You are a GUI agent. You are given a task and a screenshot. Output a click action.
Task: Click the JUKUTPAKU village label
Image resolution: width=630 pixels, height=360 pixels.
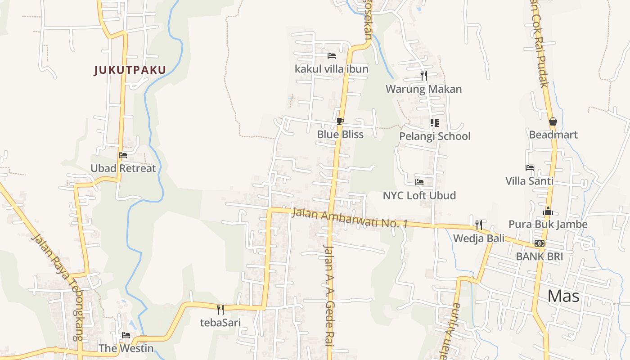[130, 70]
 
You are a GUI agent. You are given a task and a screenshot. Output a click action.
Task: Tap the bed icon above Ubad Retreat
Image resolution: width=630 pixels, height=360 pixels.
[123, 155]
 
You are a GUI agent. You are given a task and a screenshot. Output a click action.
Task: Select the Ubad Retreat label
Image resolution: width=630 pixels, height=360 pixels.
[123, 168]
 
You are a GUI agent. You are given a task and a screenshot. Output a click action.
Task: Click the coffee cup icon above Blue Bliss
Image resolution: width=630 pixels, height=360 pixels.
[340, 121]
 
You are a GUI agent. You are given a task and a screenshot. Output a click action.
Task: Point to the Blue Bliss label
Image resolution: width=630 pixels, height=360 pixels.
[340, 134]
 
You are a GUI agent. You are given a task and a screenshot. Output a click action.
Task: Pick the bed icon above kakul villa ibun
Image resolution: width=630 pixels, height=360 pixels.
[332, 56]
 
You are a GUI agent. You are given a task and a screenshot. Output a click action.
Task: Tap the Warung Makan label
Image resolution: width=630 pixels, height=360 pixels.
[423, 89]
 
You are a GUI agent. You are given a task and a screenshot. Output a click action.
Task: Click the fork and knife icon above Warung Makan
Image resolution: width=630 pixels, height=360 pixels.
[423, 75]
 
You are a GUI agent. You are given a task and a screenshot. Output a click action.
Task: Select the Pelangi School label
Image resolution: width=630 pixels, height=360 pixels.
[435, 136]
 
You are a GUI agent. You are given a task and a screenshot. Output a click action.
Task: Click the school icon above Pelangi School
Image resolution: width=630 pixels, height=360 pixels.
[435, 122]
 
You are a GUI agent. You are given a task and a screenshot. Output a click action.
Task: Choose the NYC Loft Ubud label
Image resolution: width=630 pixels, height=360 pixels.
[419, 195]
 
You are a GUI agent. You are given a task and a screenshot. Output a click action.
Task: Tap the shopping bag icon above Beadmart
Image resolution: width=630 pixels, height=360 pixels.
[553, 121]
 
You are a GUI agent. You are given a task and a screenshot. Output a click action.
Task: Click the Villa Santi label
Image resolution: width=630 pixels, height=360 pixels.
[530, 181]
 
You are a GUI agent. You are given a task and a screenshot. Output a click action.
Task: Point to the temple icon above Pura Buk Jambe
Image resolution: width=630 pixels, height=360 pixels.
[548, 211]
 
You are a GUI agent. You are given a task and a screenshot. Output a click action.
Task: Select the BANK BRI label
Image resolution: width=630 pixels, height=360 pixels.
[539, 256]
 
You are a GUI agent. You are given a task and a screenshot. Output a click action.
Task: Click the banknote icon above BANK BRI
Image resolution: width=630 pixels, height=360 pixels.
[539, 243]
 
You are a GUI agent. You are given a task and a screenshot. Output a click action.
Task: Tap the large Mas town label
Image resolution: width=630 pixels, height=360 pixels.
[564, 296]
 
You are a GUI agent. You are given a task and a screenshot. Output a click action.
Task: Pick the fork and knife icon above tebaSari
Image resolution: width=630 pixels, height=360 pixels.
[220, 309]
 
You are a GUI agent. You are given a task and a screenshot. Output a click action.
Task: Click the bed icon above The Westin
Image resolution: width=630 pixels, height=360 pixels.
[126, 335]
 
